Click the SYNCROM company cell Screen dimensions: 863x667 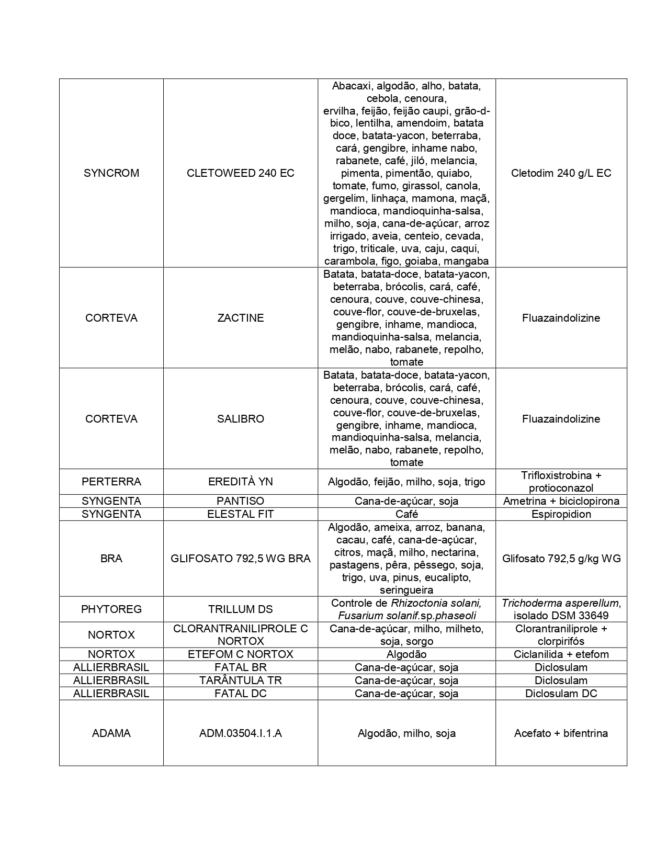click(x=111, y=173)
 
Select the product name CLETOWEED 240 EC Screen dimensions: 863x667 click(x=240, y=173)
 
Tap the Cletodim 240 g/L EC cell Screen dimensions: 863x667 click(x=561, y=173)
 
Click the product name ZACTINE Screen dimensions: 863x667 click(x=240, y=318)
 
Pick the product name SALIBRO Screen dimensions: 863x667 click(x=240, y=419)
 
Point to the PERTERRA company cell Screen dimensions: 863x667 click(x=111, y=482)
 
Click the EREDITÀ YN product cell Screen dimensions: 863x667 click(x=240, y=482)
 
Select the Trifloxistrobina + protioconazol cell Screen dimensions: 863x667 click(x=561, y=482)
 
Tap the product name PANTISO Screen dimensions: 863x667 click(x=240, y=501)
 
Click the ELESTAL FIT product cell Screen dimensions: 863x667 click(x=240, y=514)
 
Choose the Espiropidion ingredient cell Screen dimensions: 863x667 click(x=561, y=514)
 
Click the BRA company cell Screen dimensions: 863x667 click(x=111, y=559)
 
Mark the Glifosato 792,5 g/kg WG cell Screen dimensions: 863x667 click(x=561, y=559)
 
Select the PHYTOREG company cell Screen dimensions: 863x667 click(x=111, y=609)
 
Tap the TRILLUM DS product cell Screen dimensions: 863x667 click(x=240, y=609)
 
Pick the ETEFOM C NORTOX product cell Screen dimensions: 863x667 click(x=240, y=654)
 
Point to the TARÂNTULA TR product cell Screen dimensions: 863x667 click(x=240, y=680)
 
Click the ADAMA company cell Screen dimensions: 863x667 click(x=111, y=733)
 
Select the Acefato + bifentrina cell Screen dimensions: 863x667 click(x=561, y=733)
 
